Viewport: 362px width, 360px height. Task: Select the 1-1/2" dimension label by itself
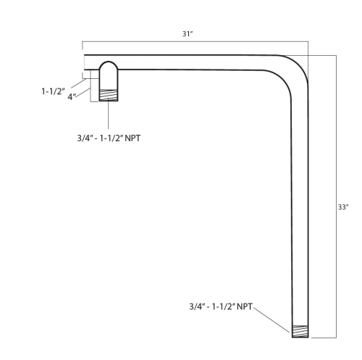(x=56, y=92)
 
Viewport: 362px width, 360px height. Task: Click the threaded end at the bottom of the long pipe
(x=300, y=332)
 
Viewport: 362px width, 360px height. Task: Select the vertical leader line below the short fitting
(x=109, y=116)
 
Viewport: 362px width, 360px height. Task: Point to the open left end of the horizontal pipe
(x=85, y=62)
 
